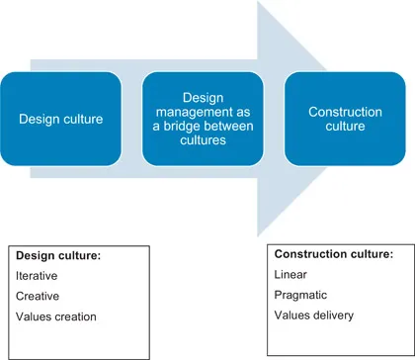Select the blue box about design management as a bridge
(204, 119)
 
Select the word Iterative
(37, 278)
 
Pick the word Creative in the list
(39, 297)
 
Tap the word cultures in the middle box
(204, 140)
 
